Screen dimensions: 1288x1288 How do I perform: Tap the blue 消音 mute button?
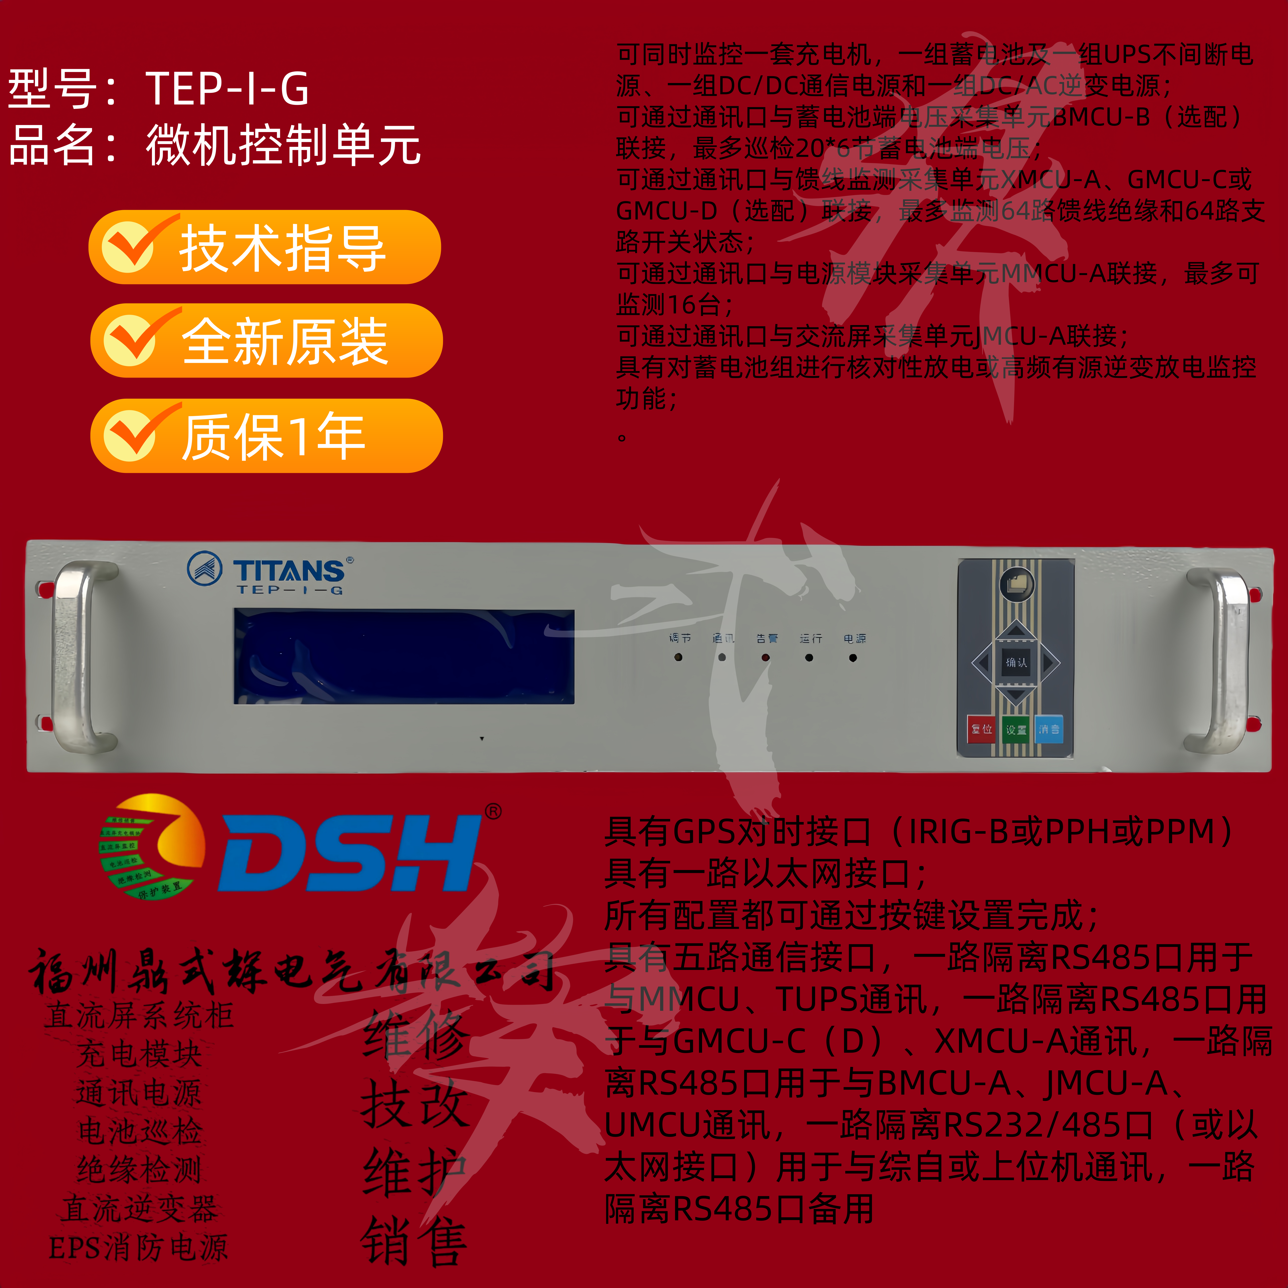pos(1049,729)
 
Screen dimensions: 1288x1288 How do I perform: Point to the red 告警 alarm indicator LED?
pos(765,657)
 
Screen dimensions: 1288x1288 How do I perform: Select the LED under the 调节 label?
pos(678,657)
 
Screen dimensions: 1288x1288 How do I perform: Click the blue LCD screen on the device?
pos(403,656)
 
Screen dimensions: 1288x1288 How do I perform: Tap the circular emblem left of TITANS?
pos(205,569)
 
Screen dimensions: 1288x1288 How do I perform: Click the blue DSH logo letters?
pos(350,853)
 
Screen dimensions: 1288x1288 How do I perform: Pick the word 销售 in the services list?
pos(413,1240)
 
